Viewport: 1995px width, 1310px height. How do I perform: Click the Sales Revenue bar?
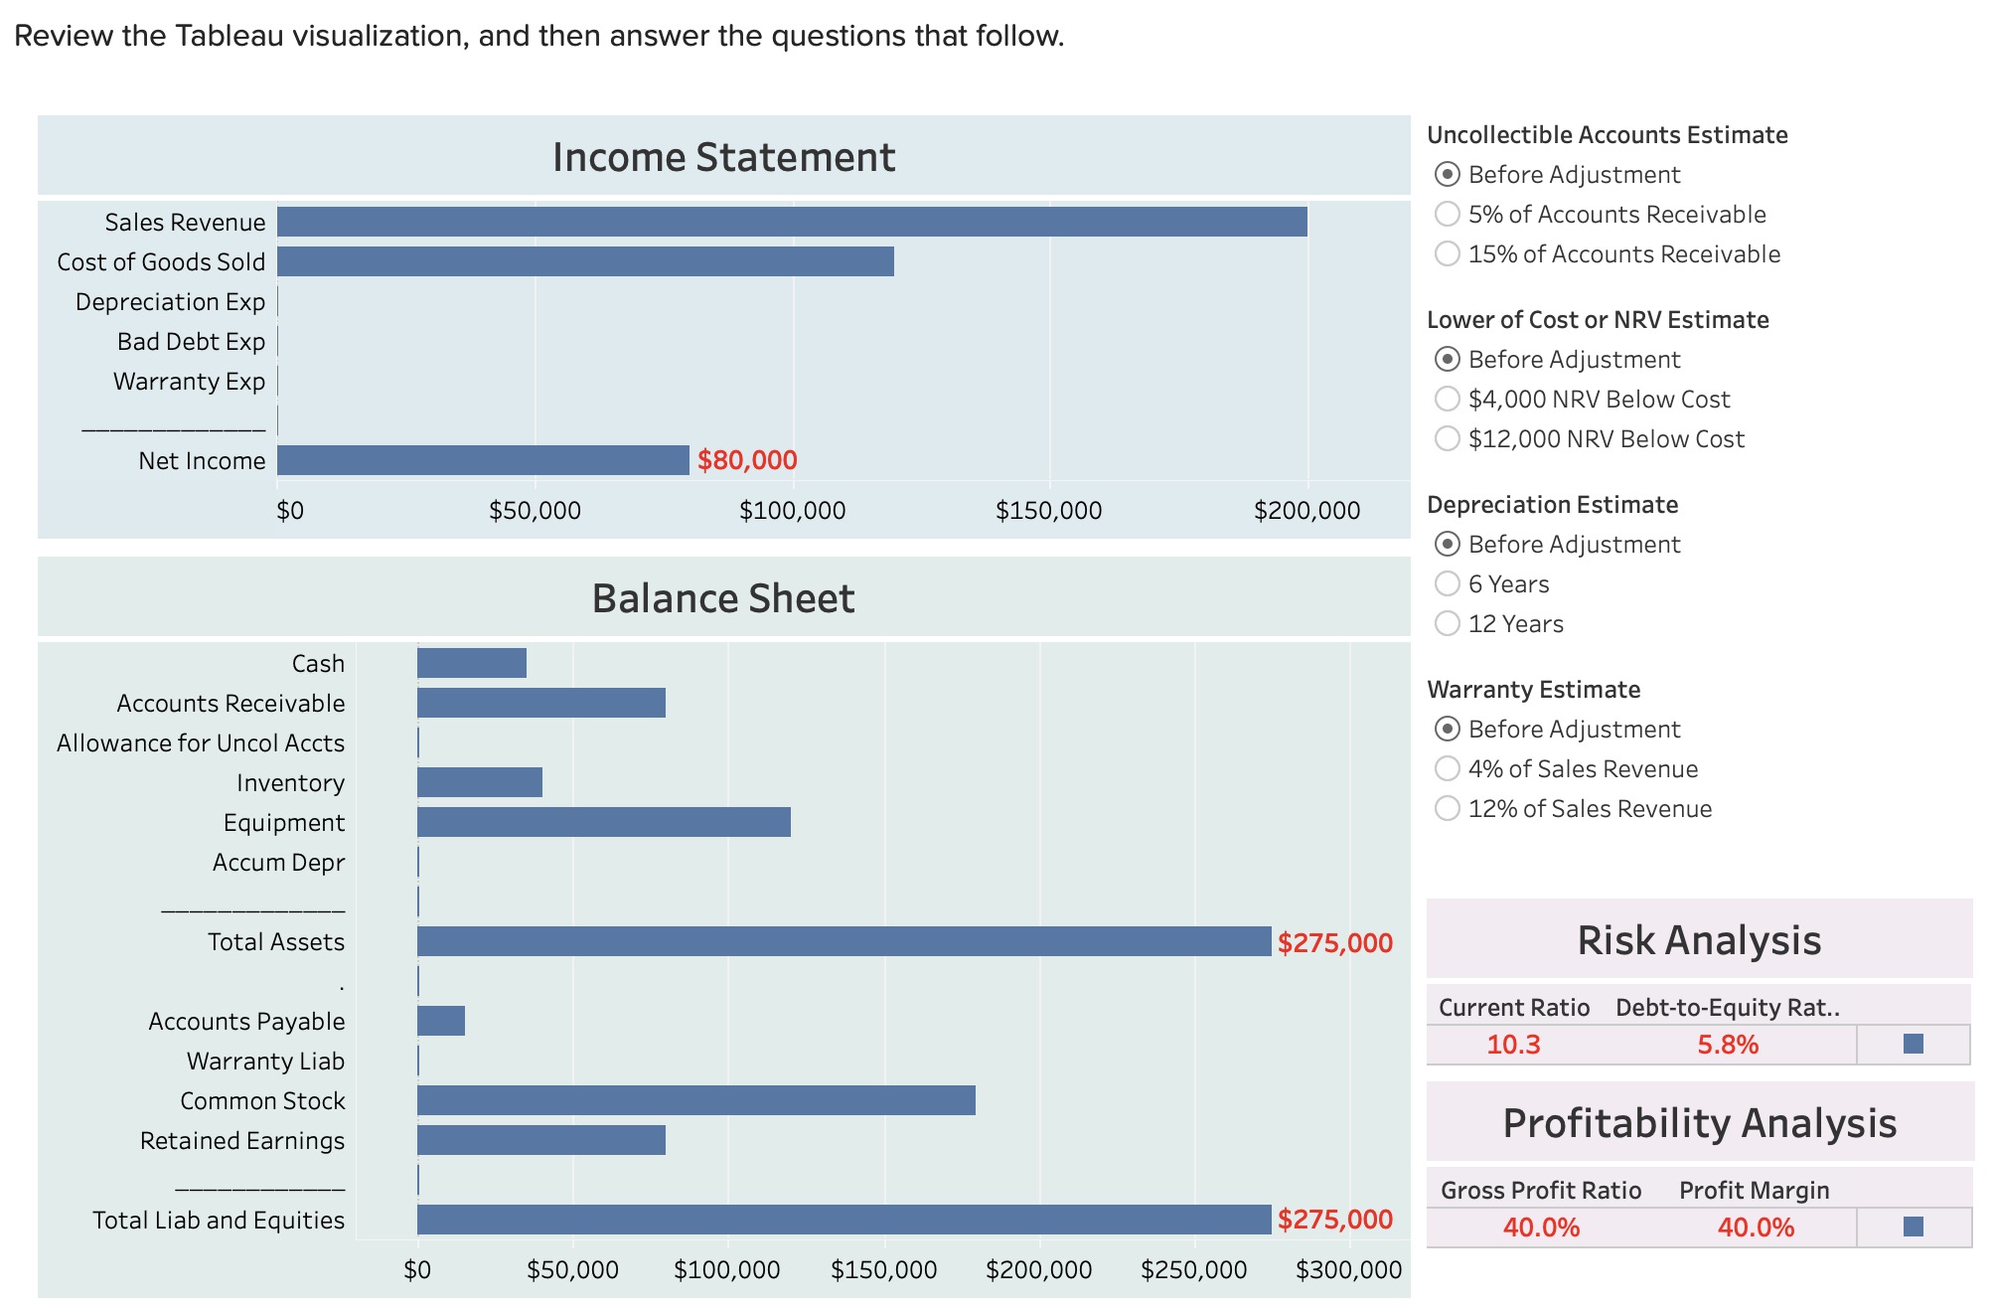pos(792,222)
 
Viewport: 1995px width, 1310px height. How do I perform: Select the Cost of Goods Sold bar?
pos(585,261)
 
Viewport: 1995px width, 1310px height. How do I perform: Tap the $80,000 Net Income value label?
pos(747,460)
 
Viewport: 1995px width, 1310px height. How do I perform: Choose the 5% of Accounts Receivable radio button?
pos(1448,214)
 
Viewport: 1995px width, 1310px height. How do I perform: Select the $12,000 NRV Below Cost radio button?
pos(1448,438)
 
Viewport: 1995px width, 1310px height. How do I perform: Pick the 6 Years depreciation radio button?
pos(1448,583)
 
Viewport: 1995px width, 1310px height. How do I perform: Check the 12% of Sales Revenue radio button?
pos(1448,808)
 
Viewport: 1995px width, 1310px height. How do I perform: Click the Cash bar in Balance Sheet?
pos(472,663)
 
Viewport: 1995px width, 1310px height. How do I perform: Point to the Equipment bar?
pos(604,822)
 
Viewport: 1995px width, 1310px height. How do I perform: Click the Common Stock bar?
pos(695,1100)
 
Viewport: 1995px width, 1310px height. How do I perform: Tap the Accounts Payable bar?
pos(441,1021)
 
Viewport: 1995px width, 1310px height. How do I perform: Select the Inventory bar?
pos(480,782)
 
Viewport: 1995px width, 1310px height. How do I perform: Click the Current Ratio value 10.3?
pos(1513,1045)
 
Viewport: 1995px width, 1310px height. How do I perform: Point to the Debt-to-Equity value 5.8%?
pos(1728,1045)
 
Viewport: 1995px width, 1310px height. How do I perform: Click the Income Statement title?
pos(723,157)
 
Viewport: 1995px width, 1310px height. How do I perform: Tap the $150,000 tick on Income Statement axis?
pos(1048,511)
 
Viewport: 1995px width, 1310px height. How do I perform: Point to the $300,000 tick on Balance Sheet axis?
pos(1348,1270)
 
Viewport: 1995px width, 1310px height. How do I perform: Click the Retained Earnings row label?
pos(242,1141)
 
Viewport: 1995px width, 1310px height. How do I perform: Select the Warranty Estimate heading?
pos(1533,690)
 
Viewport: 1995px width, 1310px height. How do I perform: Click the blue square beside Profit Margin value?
pos(1913,1227)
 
